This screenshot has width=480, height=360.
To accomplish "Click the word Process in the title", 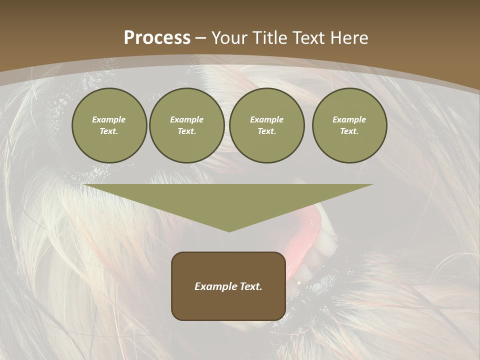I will coord(157,38).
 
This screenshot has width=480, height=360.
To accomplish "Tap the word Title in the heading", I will coord(271,38).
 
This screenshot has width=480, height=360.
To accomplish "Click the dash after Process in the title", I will coord(200,38).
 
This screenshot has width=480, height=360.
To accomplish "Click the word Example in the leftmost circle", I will coord(109,119).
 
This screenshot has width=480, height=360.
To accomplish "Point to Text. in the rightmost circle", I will coord(349,131).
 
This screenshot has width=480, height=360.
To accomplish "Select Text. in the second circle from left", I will coord(186,131).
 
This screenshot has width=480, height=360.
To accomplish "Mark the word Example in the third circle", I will coord(266,119).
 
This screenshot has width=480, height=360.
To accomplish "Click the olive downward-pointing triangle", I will coord(228,200).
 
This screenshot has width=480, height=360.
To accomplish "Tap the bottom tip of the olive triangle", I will coord(229,230).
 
